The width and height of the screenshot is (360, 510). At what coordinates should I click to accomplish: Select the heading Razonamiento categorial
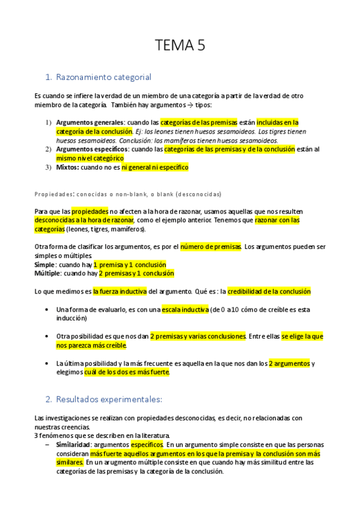[103, 77]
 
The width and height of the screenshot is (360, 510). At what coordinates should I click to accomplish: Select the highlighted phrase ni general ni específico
[155, 167]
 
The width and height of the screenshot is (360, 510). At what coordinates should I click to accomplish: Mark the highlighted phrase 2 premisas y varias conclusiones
[198, 336]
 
